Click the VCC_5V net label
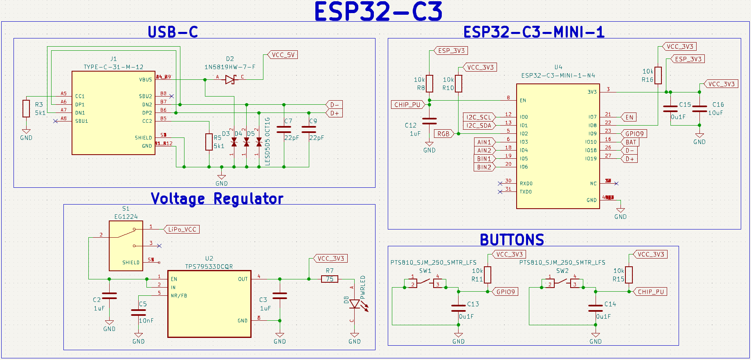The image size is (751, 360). [x=283, y=55]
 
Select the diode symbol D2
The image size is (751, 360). [x=230, y=79]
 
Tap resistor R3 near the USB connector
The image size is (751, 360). [x=26, y=108]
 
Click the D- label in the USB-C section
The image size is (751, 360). [x=334, y=105]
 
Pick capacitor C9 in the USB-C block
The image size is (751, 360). [x=309, y=129]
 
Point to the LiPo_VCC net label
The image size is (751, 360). [x=182, y=229]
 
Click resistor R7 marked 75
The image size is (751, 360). [x=330, y=279]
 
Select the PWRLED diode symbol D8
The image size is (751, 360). [x=355, y=304]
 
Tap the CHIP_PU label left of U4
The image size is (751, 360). [x=407, y=105]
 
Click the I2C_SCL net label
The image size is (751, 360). [x=479, y=117]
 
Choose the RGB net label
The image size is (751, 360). [x=443, y=134]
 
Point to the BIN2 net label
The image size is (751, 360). [x=484, y=167]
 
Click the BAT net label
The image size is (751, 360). [x=631, y=142]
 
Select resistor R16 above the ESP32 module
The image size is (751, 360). [x=658, y=75]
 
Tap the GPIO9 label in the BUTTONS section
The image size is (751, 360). [x=506, y=292]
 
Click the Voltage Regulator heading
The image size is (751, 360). [x=217, y=199]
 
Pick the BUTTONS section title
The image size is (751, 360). [x=512, y=240]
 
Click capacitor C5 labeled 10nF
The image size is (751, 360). [x=138, y=313]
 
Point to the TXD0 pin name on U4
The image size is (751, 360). [x=526, y=192]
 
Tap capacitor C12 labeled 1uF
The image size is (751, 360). [x=429, y=121]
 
